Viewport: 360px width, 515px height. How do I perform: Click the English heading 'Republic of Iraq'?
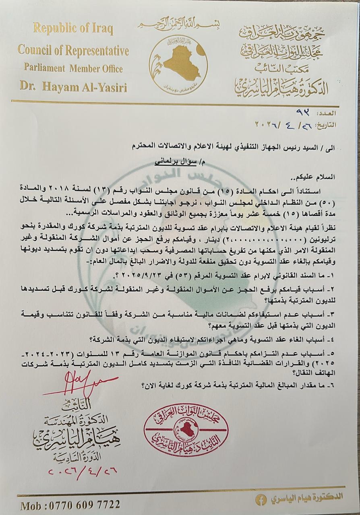click(x=73, y=29)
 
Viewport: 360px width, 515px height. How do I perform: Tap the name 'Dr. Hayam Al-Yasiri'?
click(x=73, y=87)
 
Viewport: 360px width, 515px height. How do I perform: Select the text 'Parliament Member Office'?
click(x=73, y=68)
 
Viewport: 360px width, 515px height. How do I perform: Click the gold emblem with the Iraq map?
click(x=178, y=64)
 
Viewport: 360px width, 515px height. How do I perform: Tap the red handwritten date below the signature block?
click(x=79, y=470)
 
